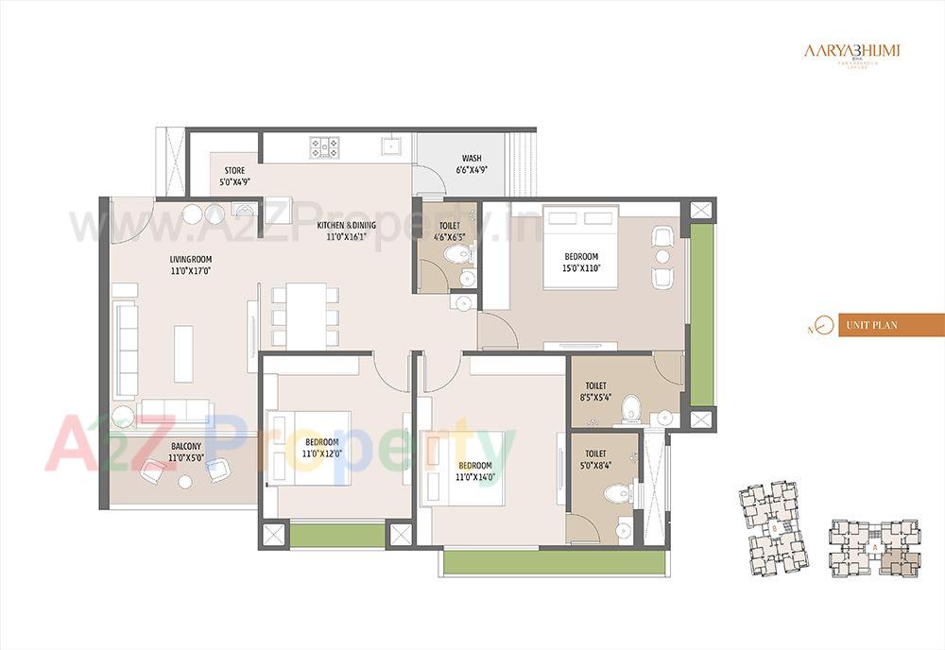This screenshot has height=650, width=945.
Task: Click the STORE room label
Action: click(234, 177)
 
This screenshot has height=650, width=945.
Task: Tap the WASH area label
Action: click(472, 164)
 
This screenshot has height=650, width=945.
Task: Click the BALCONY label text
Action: click(186, 452)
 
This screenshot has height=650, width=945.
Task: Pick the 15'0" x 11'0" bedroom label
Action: click(581, 262)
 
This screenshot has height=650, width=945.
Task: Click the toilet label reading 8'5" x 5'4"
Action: click(597, 391)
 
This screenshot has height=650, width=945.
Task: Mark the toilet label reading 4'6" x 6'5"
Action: click(450, 231)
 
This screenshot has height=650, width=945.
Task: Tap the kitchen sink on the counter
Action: click(388, 146)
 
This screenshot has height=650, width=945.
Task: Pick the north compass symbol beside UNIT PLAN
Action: click(822, 326)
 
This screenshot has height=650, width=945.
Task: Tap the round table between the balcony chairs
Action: click(185, 480)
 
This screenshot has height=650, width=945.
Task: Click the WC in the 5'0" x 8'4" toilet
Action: click(616, 493)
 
